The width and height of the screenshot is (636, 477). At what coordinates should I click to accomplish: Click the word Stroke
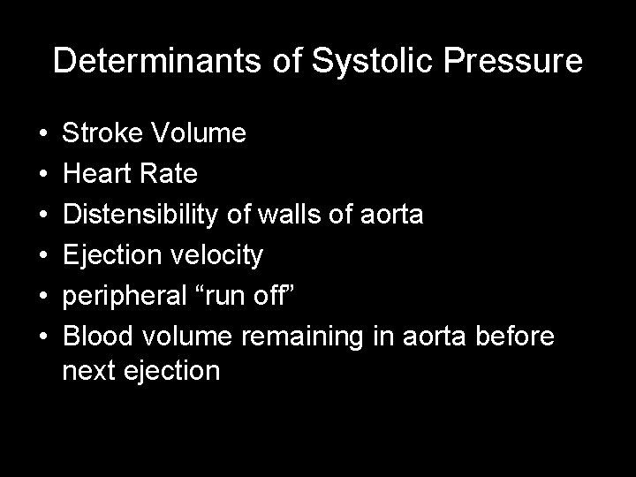104,134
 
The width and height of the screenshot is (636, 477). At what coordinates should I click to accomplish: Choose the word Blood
99,337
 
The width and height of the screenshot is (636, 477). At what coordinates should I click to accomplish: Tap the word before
516,337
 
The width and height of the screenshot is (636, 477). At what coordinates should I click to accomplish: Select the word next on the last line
89,371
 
